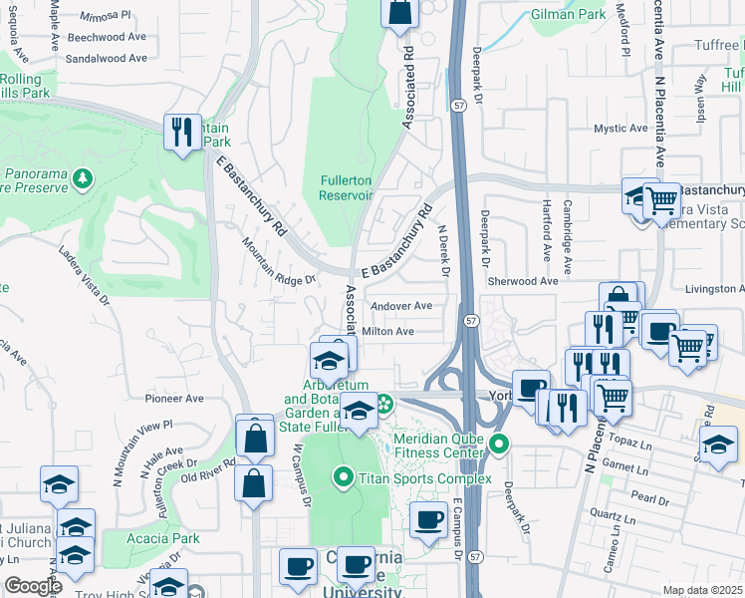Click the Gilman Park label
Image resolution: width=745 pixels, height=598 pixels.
point(569,15)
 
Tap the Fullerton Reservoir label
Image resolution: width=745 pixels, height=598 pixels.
point(346,188)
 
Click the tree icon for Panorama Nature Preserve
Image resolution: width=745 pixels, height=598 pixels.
point(85,178)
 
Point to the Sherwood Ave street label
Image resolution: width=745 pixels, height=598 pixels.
point(524,282)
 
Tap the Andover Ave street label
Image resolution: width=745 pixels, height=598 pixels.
point(400,306)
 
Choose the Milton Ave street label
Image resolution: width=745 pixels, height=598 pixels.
point(388,331)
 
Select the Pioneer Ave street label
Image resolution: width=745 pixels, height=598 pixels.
point(174,398)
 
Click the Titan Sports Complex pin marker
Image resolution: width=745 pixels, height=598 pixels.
point(344,478)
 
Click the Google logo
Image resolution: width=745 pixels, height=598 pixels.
point(33,586)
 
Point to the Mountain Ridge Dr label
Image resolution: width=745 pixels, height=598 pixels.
point(279,261)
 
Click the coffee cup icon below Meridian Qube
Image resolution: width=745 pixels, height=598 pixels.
point(429,520)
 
